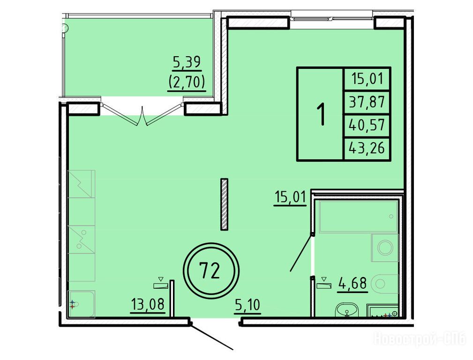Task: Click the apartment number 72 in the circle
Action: [x=210, y=270]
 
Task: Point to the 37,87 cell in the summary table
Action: [x=367, y=102]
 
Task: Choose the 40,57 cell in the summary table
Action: [x=367, y=125]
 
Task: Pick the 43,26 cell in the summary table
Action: [x=367, y=149]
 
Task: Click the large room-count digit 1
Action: [x=322, y=114]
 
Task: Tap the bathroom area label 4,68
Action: [x=353, y=284]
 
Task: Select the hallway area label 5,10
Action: [x=248, y=305]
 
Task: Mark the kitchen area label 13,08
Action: [x=148, y=304]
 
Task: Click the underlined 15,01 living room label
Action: [x=290, y=197]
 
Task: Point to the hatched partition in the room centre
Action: [x=224, y=204]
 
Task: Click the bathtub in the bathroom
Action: [x=359, y=217]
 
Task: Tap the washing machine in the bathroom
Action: [x=385, y=248]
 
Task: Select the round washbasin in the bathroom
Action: [x=346, y=310]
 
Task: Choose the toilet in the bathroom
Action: [x=384, y=284]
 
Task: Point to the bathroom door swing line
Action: [x=301, y=253]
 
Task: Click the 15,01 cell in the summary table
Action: [x=367, y=79]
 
